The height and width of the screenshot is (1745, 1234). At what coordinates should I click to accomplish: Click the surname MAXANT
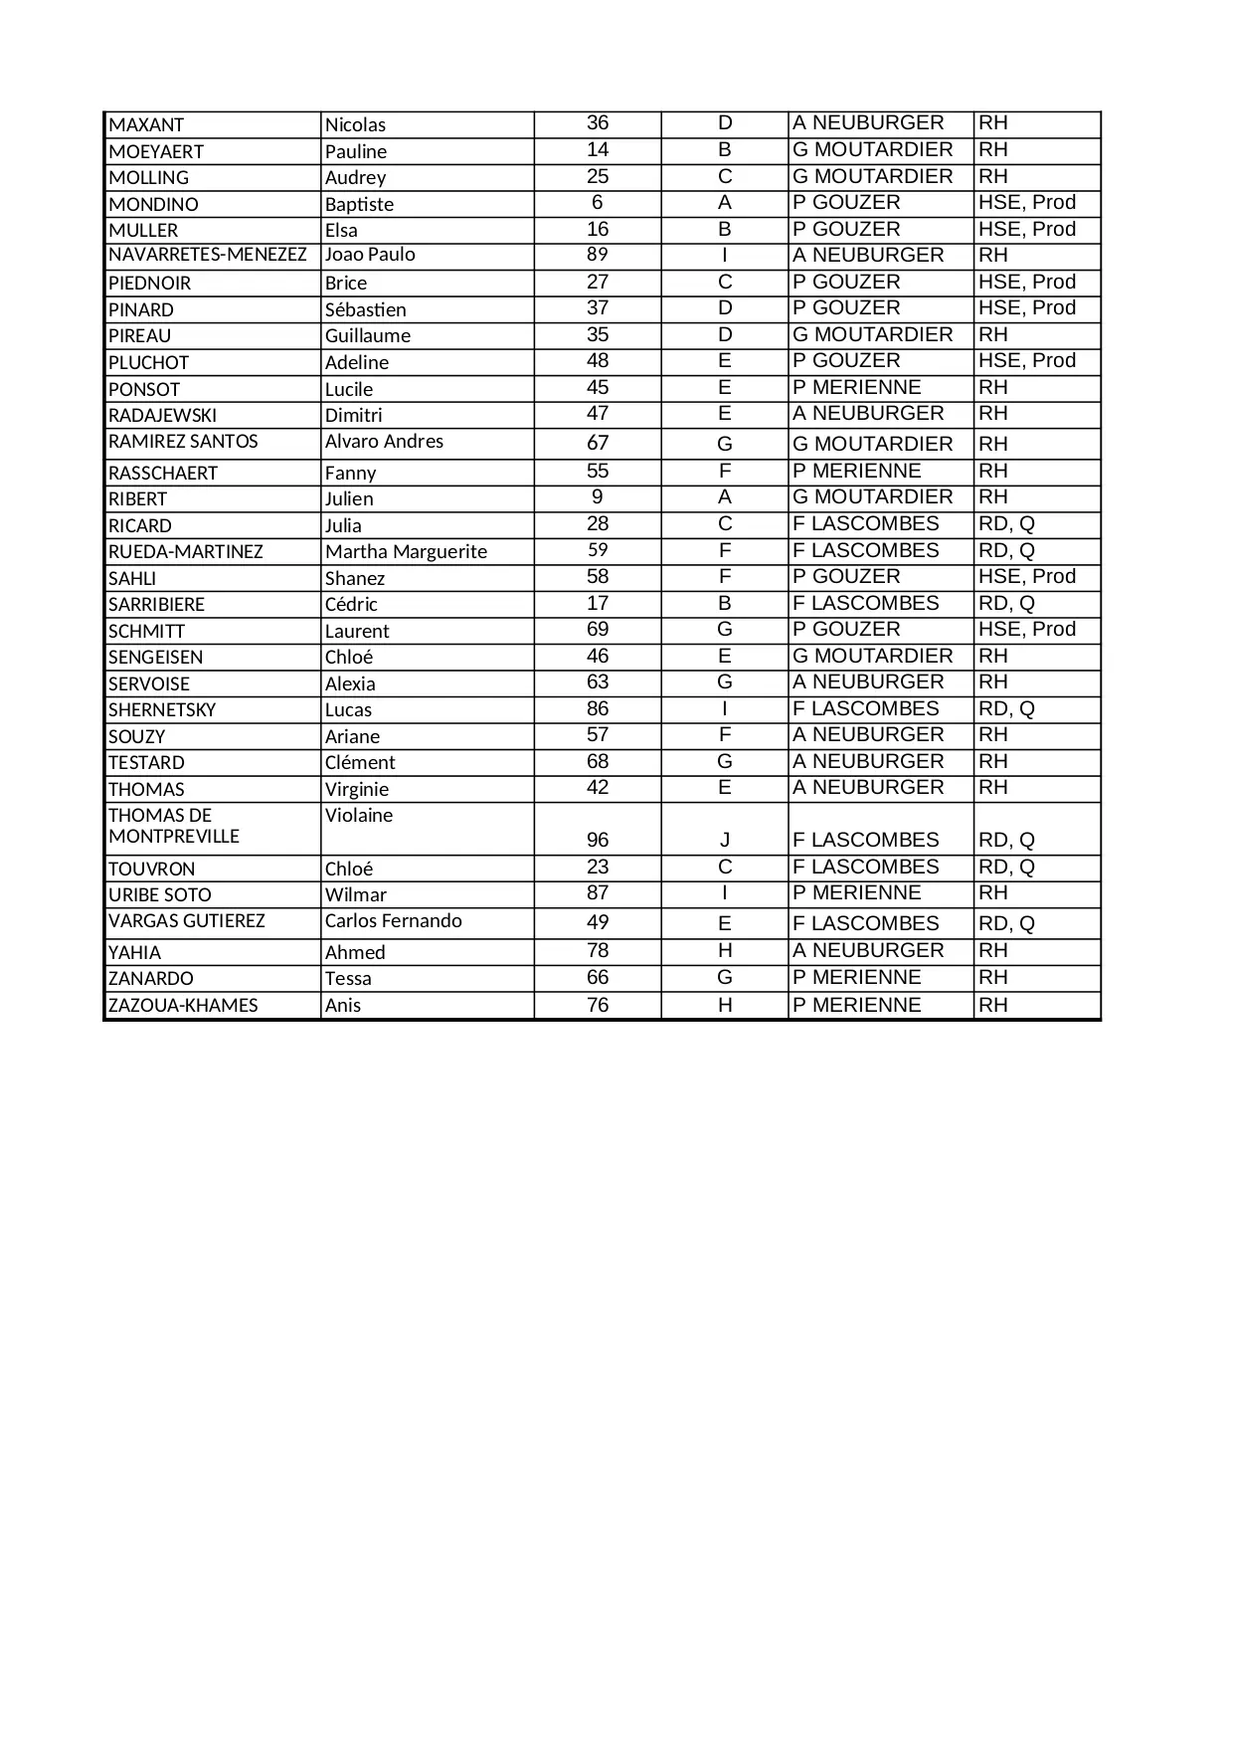(146, 125)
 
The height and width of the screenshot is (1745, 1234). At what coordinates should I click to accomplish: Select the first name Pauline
(355, 151)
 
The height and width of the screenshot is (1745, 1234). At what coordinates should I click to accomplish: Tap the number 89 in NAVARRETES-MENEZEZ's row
(597, 255)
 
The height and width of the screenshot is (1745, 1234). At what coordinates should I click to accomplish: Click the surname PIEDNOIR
(149, 284)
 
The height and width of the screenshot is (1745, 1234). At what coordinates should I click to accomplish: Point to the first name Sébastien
(365, 309)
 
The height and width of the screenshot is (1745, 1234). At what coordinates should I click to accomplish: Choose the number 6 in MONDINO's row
(597, 203)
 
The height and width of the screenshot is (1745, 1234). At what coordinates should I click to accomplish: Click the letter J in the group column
(724, 841)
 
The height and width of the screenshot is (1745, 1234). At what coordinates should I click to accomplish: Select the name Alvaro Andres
(384, 442)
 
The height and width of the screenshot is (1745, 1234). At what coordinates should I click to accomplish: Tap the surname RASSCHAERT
(162, 474)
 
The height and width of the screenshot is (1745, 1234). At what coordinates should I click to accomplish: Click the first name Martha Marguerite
(406, 552)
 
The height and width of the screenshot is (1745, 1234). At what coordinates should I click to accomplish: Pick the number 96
(597, 841)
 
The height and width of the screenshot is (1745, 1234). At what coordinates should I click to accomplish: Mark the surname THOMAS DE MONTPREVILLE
(174, 827)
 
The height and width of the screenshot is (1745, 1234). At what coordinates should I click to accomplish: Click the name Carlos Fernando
(393, 921)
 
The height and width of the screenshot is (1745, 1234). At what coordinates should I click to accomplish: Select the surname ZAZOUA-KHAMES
(183, 1006)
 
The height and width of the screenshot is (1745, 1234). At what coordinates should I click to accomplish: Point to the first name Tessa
(348, 979)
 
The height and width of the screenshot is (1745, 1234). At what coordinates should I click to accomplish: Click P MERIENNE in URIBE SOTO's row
(856, 893)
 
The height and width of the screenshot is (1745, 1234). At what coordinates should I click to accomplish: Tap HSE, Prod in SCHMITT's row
(1026, 630)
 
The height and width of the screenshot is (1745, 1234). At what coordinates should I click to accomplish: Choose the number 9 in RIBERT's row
(597, 497)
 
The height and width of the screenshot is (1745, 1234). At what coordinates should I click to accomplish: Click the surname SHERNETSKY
(162, 710)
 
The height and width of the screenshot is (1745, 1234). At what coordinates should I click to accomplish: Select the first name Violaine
(358, 816)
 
